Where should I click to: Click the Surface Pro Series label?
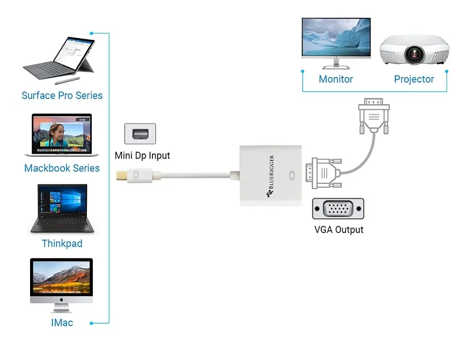click(62, 96)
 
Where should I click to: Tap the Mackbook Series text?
click(62, 168)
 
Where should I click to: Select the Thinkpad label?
click(62, 244)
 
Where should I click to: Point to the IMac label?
click(62, 323)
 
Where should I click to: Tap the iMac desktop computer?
click(61, 284)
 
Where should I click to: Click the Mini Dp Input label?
click(143, 156)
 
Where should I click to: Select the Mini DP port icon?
click(140, 134)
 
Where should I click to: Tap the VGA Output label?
click(339, 230)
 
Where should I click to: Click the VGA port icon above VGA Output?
click(338, 208)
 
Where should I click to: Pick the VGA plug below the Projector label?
click(374, 116)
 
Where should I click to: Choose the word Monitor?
click(336, 79)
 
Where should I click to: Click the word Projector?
click(414, 79)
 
